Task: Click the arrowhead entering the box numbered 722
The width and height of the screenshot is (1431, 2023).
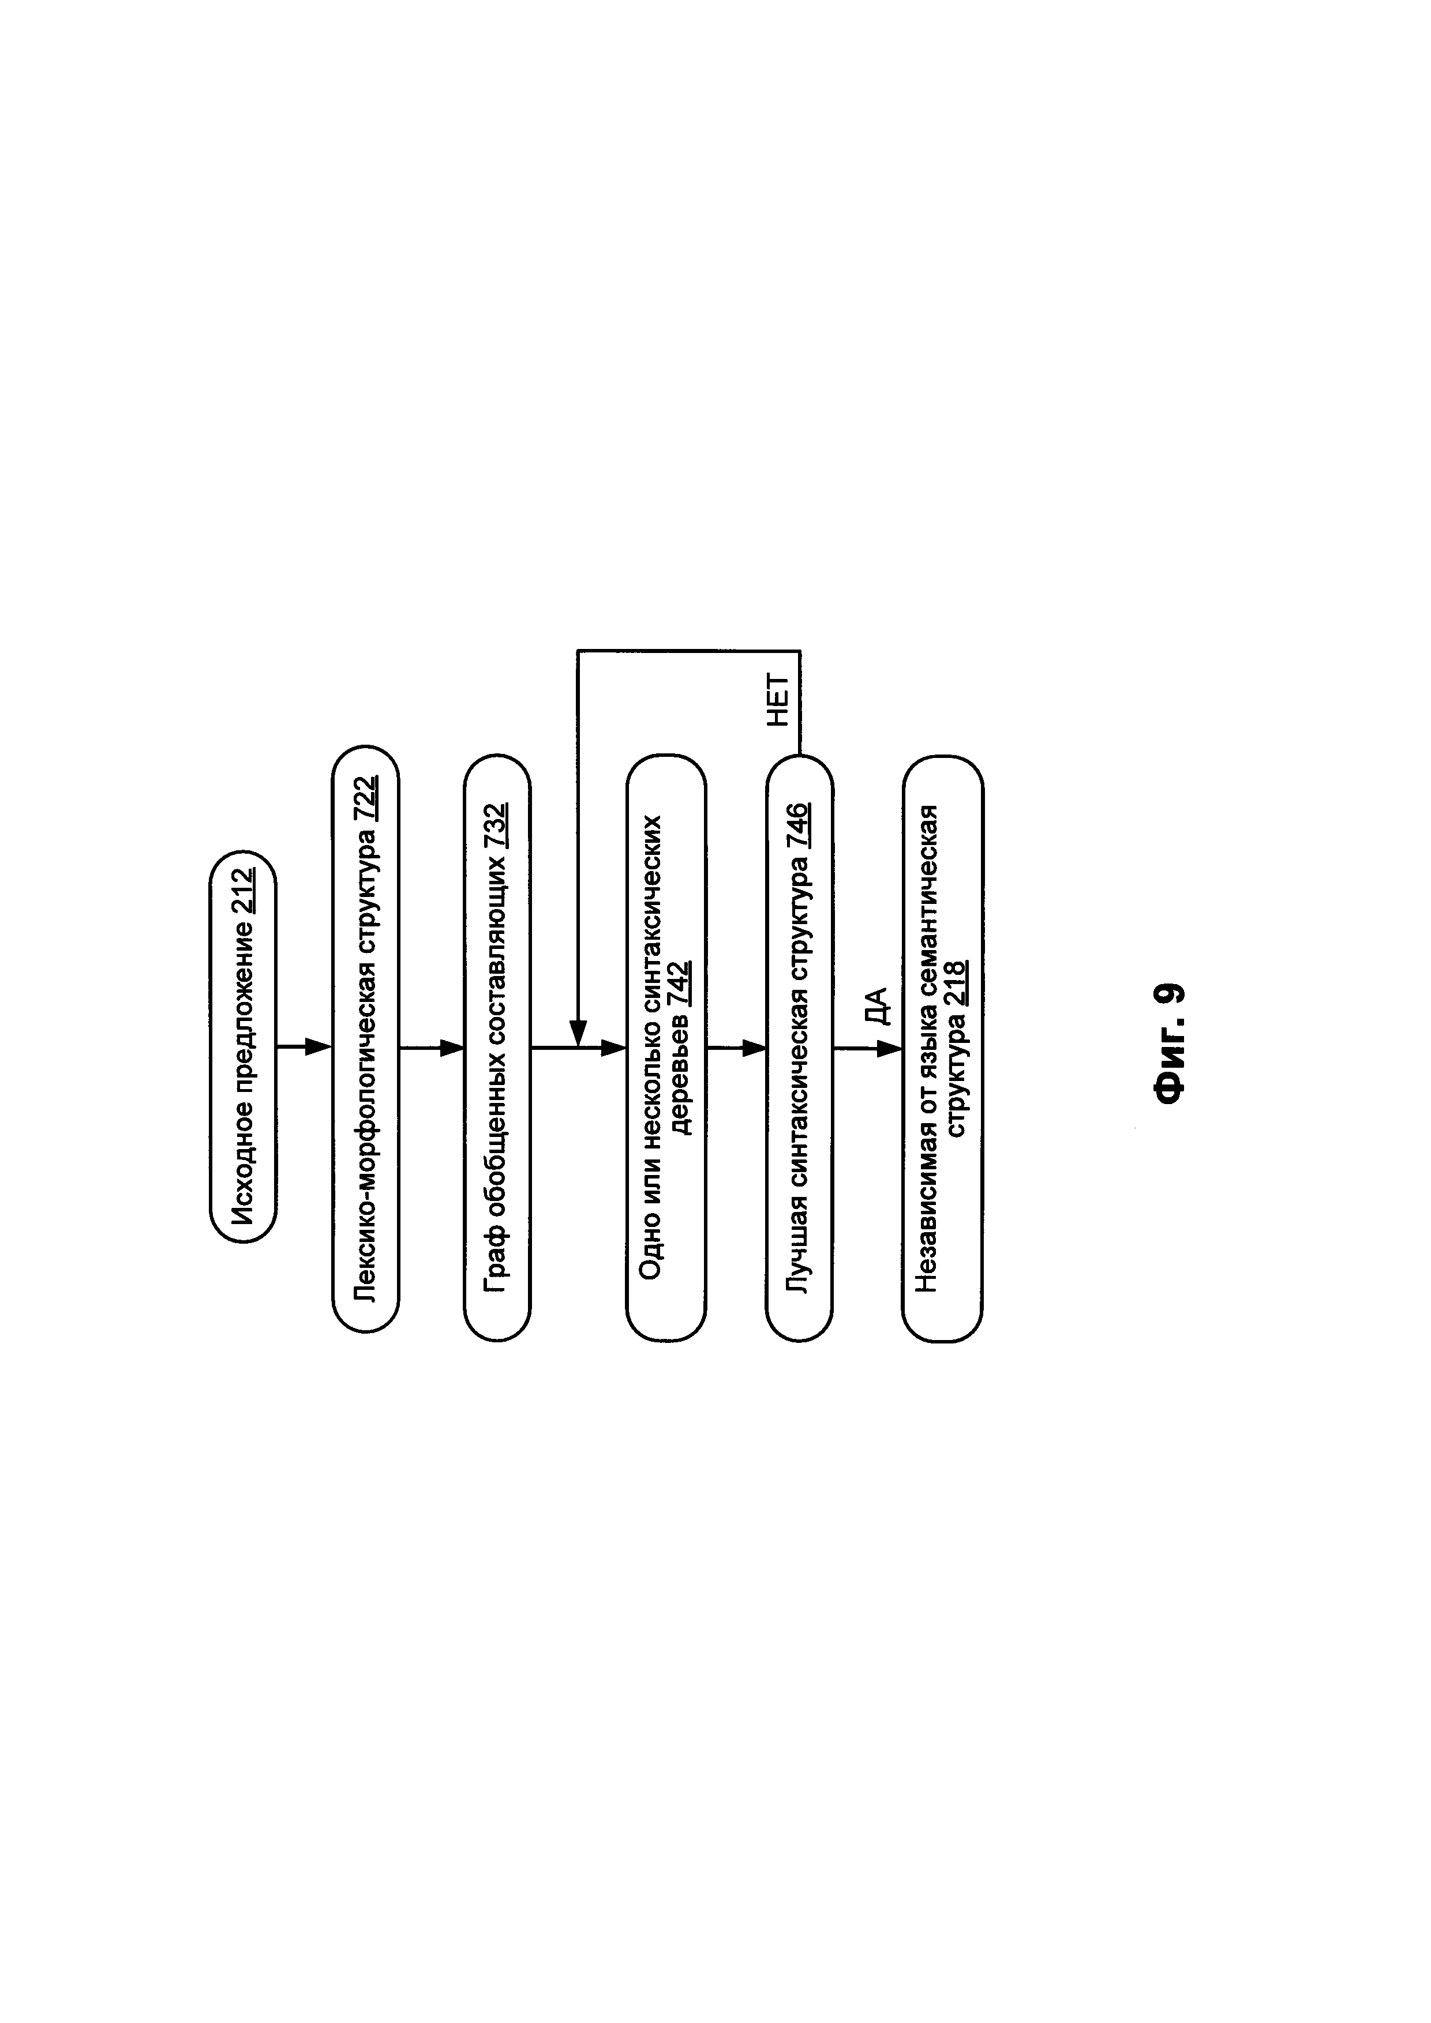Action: click(318, 1048)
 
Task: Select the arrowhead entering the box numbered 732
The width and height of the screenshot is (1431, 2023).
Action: click(452, 1048)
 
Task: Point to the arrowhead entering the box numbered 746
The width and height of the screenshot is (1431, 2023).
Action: click(754, 1048)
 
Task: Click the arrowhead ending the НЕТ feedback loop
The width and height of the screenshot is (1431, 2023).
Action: click(578, 1033)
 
